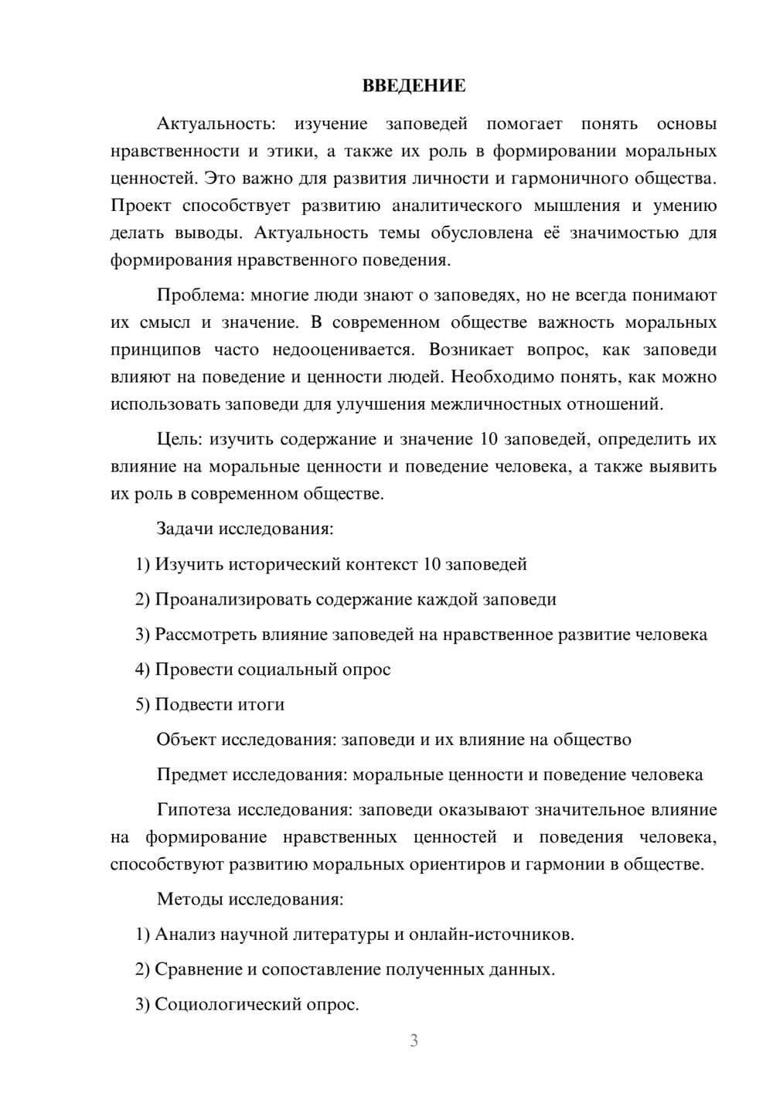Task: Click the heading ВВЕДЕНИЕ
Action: pyautogui.click(x=414, y=86)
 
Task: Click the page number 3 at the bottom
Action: pyautogui.click(x=414, y=1040)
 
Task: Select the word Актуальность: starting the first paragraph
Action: pyautogui.click(x=216, y=124)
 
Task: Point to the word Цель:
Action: pyautogui.click(x=179, y=440)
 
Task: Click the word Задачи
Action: pyautogui.click(x=186, y=529)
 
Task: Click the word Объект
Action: pyautogui.click(x=186, y=740)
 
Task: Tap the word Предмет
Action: pyautogui.click(x=192, y=775)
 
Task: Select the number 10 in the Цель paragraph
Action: pyautogui.click(x=489, y=440)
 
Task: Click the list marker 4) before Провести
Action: pyautogui.click(x=142, y=669)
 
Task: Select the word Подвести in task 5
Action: pyautogui.click(x=190, y=704)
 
